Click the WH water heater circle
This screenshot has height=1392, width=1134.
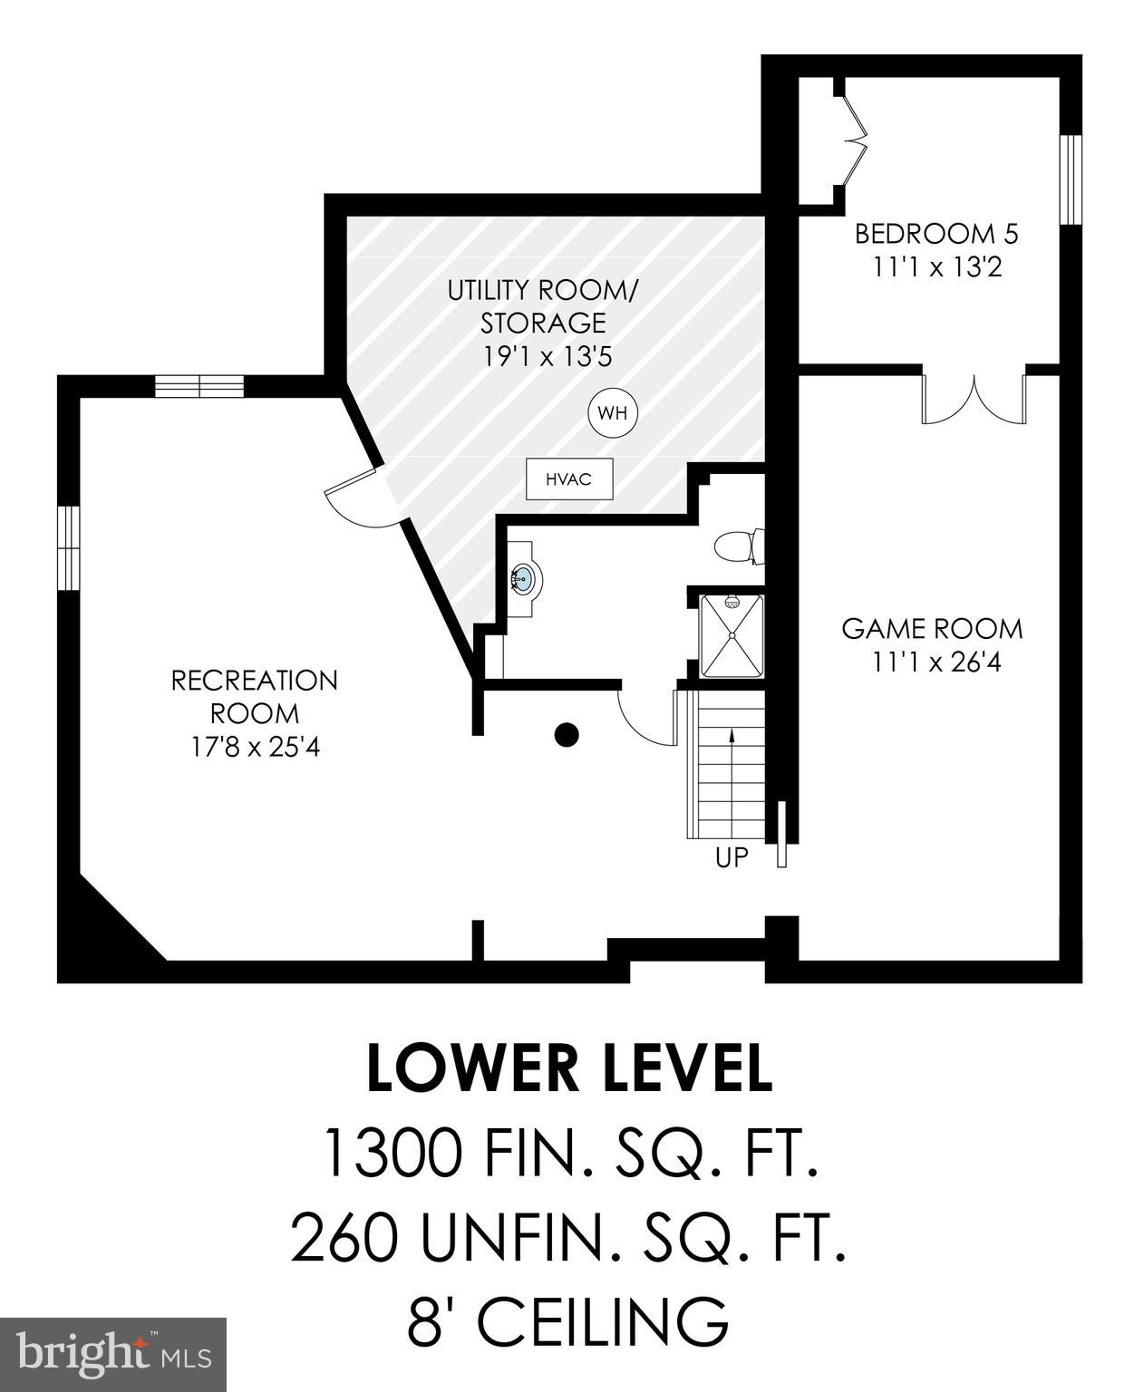[x=613, y=414]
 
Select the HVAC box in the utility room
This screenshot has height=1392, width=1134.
[x=569, y=479]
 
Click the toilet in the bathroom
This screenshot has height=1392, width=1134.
[x=738, y=547]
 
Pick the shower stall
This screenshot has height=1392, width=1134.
[x=732, y=636]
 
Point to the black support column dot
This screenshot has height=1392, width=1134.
[x=567, y=735]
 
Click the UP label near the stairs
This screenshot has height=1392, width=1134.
[x=732, y=856]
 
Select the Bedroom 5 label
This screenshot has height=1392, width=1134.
[x=936, y=234]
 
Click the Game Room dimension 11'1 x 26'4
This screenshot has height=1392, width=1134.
[x=936, y=662]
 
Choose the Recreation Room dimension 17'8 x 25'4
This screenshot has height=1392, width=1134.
[x=255, y=748]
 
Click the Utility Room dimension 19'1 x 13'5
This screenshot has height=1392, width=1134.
[x=546, y=356]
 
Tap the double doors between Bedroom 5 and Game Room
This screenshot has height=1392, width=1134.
[x=974, y=399]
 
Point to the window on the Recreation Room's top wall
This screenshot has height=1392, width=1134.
[x=199, y=386]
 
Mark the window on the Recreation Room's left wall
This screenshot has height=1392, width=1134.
[x=69, y=548]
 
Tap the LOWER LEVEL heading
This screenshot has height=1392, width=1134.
[x=569, y=1068]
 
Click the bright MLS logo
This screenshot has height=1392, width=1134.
[x=113, y=1354]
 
